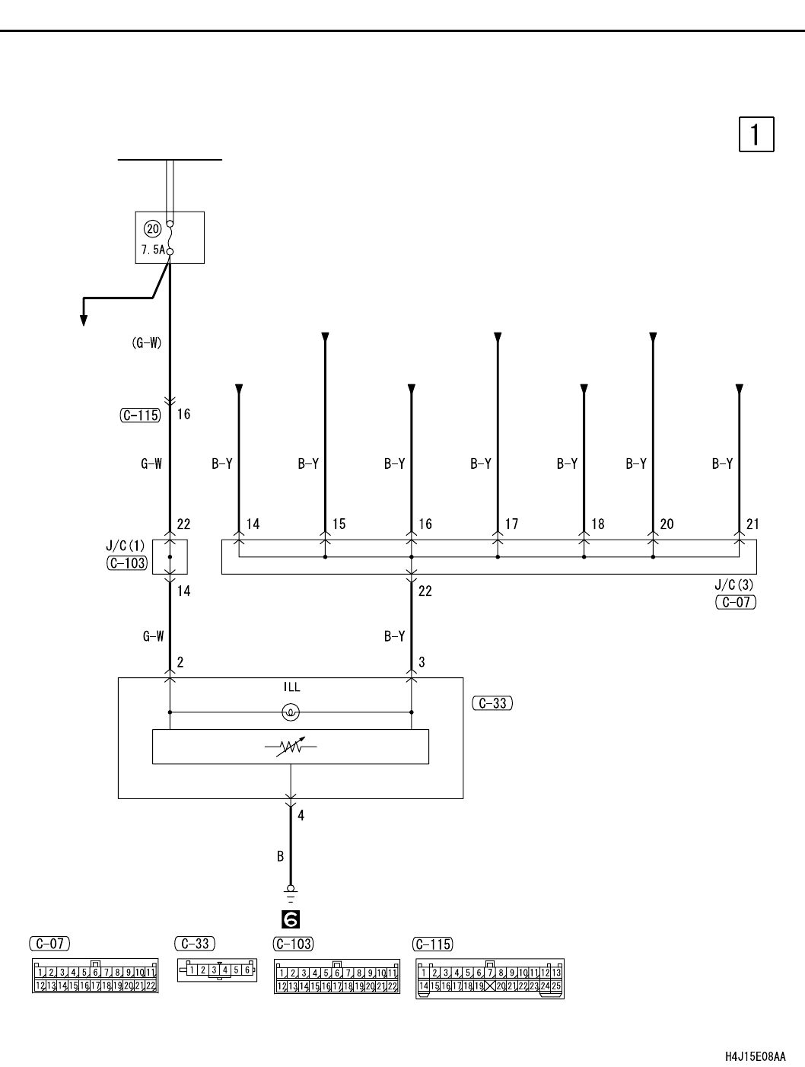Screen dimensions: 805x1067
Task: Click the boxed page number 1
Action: (756, 134)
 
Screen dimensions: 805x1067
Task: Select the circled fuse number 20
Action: (152, 228)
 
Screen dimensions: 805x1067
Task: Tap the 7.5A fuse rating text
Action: (153, 250)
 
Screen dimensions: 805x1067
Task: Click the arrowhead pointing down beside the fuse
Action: (84, 320)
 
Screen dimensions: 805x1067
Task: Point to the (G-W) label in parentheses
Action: (146, 342)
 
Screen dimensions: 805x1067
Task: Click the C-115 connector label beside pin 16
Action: (140, 415)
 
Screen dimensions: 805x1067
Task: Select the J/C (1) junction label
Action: (126, 546)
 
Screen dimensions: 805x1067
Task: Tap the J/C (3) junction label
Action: (733, 584)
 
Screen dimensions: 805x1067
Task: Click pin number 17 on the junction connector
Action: (511, 524)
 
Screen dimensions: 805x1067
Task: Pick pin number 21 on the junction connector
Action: (752, 524)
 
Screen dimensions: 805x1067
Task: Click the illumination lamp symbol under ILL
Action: (291, 712)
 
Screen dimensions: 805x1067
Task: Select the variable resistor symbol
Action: (291, 747)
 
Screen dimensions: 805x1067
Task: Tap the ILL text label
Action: (291, 687)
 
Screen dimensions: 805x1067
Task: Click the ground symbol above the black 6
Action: (291, 893)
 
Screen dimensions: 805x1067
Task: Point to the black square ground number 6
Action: (291, 919)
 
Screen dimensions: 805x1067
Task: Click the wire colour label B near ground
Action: (280, 856)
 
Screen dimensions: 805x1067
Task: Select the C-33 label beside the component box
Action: (492, 703)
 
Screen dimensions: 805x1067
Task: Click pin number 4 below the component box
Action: (301, 815)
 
